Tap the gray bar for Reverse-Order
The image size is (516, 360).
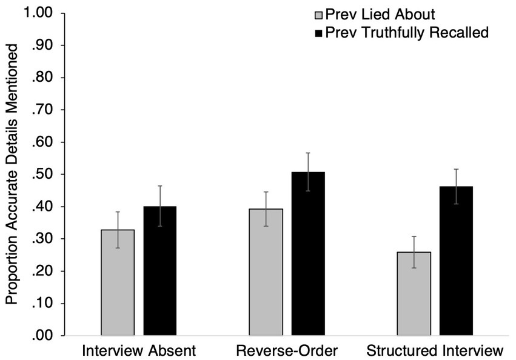pyautogui.click(x=266, y=273)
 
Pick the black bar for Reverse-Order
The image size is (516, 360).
pyautogui.click(x=308, y=255)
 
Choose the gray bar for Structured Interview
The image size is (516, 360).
pyautogui.click(x=414, y=294)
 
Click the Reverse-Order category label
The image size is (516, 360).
pyautogui.click(x=286, y=350)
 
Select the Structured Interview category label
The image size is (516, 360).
pyautogui.click(x=435, y=350)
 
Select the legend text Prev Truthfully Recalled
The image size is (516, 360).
pyautogui.click(x=406, y=33)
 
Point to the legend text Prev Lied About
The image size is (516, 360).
pyautogui.click(x=380, y=13)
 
